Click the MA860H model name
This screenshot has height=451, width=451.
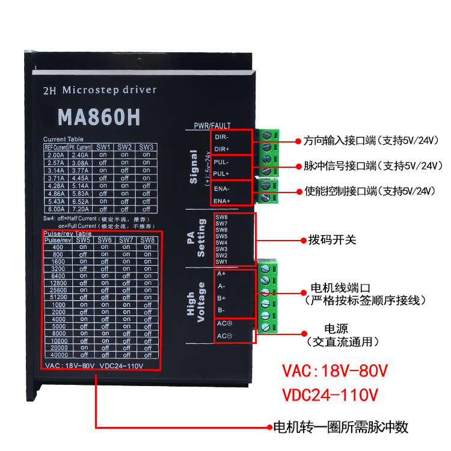(99, 117)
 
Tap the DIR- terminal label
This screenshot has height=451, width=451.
(222, 137)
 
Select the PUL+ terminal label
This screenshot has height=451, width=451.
(222, 174)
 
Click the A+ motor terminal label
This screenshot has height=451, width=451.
(221, 274)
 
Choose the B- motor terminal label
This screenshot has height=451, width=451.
(221, 310)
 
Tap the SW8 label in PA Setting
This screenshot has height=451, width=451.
(221, 217)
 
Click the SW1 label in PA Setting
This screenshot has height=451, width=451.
(221, 262)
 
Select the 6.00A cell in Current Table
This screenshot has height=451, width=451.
(55, 209)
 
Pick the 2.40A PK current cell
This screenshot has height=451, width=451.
(80, 155)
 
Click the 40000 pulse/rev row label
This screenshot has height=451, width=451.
(58, 355)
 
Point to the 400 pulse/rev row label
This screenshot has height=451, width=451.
(58, 247)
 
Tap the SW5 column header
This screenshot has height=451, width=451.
(84, 240)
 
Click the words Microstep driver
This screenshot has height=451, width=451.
(109, 90)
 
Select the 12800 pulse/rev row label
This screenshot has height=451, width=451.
(58, 283)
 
